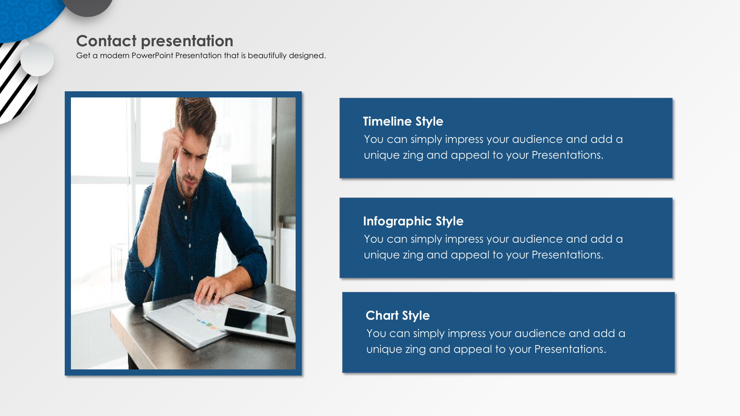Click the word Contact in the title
(x=106, y=41)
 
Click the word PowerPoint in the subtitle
(x=152, y=55)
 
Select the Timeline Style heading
(x=403, y=121)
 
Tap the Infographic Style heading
(x=413, y=221)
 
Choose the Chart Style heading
(x=398, y=315)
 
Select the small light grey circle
(x=37, y=60)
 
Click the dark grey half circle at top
(x=87, y=7)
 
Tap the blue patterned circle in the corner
(x=27, y=17)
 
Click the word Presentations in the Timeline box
(x=567, y=155)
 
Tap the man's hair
(x=197, y=116)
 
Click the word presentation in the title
(x=187, y=41)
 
